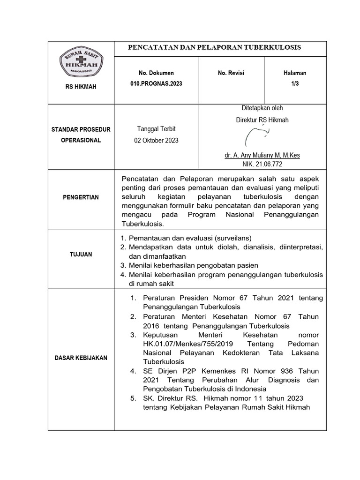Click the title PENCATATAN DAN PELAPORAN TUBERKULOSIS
point(215,48)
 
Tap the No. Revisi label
point(231,73)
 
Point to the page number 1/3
point(295,83)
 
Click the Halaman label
point(295,73)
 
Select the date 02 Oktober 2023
point(156,141)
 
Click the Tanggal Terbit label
point(156,129)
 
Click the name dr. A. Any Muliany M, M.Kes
point(262,155)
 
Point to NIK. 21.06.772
point(262,165)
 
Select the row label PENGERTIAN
point(81,197)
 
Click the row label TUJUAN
point(81,255)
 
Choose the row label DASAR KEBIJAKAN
point(81,358)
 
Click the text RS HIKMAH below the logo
point(81,87)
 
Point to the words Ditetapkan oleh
point(262,108)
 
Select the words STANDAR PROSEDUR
point(81,129)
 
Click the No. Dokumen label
point(156,73)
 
